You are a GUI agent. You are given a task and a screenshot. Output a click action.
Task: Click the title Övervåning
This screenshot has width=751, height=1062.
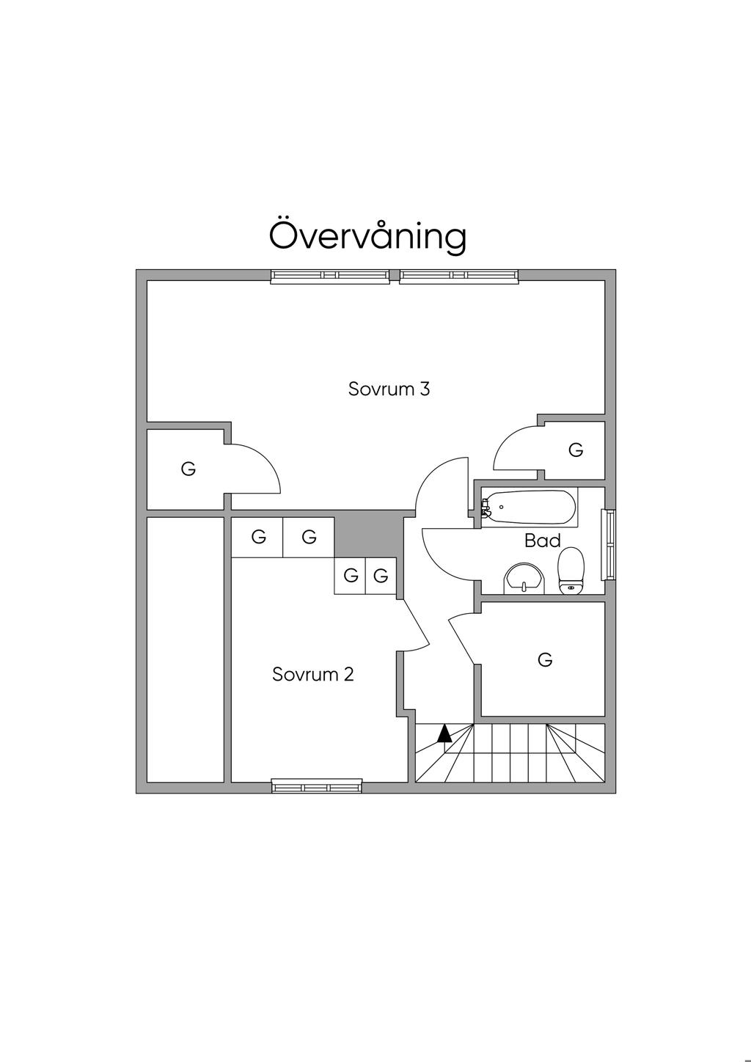pos(367,235)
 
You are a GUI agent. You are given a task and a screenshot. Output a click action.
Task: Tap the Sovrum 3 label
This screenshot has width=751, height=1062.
pos(389,389)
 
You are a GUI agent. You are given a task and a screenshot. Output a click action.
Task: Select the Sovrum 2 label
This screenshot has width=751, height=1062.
pos(313,674)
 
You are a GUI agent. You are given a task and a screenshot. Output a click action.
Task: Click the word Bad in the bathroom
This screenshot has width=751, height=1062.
pos(543,541)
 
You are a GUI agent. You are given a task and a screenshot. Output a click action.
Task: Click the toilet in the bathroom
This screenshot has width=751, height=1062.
pos(571,571)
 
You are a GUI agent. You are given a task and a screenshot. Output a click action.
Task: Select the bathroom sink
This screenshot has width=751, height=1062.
pos(524,577)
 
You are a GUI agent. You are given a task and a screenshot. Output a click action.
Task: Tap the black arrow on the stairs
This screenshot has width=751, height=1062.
pos(444,733)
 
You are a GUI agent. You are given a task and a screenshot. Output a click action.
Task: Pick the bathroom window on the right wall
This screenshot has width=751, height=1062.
pos(609,544)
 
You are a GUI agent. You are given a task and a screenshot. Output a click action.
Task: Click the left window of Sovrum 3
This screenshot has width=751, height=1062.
pos(329,276)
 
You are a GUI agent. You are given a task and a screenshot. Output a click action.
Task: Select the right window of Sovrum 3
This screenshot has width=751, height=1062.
pos(459,276)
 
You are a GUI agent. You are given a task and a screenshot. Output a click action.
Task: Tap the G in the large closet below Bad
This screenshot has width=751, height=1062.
pos(545,660)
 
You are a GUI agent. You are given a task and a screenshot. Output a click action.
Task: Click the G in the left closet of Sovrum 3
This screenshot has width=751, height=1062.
pos(188,469)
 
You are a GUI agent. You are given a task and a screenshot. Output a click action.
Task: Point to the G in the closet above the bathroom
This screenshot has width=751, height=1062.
pos(576,450)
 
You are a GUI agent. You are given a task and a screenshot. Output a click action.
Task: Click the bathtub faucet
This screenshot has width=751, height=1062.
pos(485,507)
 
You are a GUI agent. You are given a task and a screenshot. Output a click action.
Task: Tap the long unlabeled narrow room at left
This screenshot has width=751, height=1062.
pos(185,650)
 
